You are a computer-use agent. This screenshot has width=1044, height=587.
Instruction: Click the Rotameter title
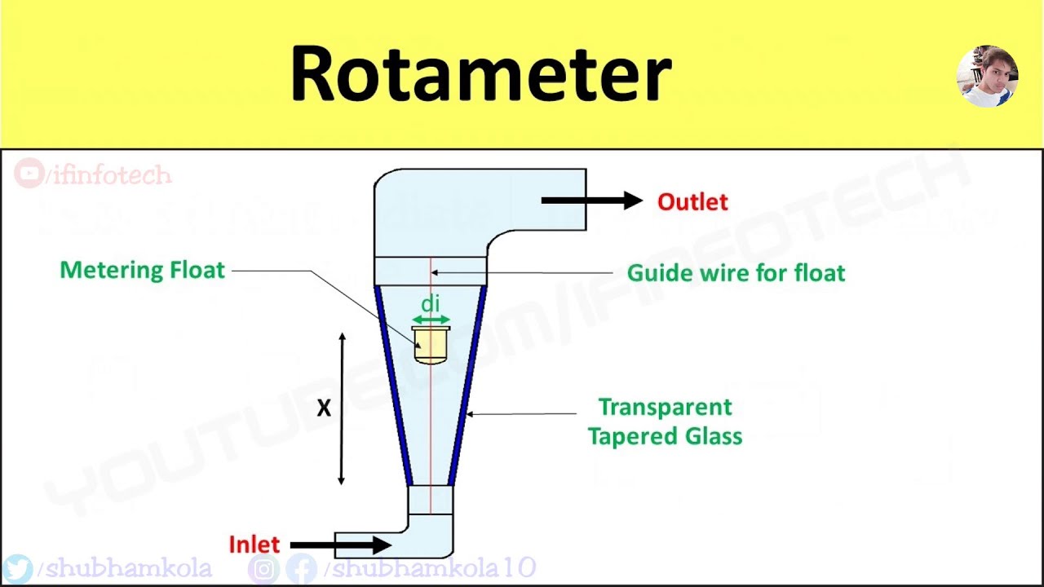480,74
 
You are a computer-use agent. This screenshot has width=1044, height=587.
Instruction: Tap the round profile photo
987,76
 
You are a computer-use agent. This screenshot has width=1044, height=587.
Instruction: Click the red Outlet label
692,202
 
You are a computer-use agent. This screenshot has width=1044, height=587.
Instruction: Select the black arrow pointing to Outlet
591,200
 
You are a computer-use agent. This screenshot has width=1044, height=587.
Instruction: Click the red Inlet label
254,545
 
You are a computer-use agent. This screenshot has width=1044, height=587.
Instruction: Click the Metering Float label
142,271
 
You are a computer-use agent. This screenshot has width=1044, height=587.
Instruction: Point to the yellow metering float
431,345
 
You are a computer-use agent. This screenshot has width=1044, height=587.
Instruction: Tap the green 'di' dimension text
430,304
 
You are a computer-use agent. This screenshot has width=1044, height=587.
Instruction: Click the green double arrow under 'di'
431,319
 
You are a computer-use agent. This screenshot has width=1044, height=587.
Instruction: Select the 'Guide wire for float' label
736,273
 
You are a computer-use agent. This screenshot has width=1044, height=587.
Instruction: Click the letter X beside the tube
324,408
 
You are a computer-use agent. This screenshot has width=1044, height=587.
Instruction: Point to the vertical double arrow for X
342,408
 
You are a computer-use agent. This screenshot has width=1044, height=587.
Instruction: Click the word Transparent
665,407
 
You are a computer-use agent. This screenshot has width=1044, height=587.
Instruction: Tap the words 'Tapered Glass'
665,436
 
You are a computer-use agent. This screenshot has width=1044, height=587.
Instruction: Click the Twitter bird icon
17,568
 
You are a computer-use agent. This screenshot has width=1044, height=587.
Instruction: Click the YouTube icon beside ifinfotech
29,174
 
